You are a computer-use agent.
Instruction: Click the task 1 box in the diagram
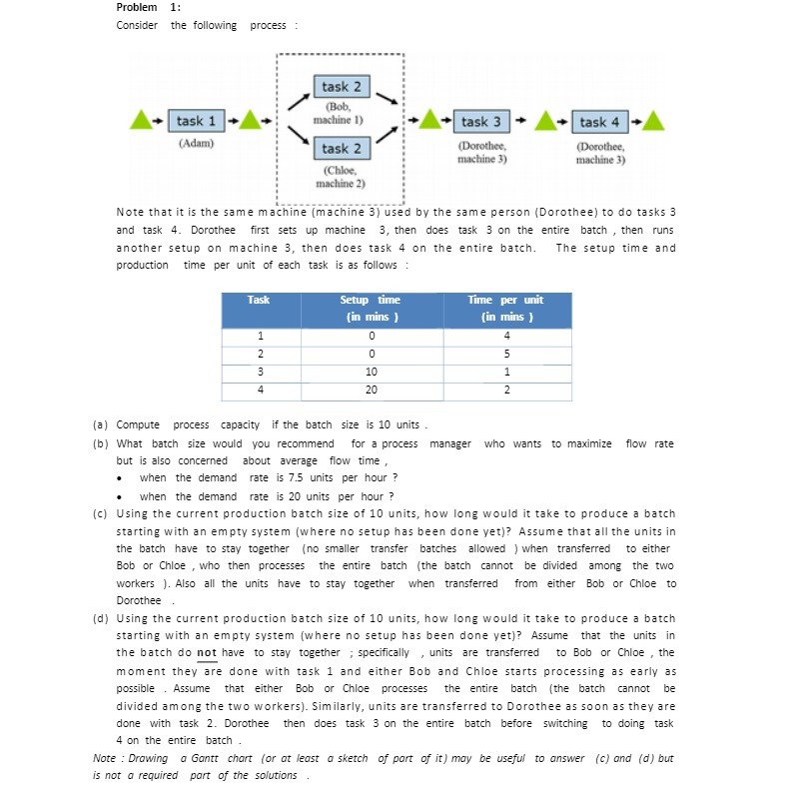[x=196, y=121]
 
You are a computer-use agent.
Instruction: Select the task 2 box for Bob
[x=342, y=88]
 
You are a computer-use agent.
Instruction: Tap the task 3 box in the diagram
[x=481, y=122]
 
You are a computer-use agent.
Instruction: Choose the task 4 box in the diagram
[x=599, y=122]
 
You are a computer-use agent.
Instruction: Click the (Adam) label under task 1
[x=196, y=143]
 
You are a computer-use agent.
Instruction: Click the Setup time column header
[x=370, y=309]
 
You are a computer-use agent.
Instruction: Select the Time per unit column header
[x=505, y=309]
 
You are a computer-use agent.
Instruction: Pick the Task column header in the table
[x=259, y=300]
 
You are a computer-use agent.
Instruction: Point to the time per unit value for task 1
[x=506, y=336]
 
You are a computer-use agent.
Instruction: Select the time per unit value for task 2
[x=506, y=354]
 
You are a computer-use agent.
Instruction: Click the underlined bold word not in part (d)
[x=207, y=653]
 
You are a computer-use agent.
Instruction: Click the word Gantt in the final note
[x=199, y=758]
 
